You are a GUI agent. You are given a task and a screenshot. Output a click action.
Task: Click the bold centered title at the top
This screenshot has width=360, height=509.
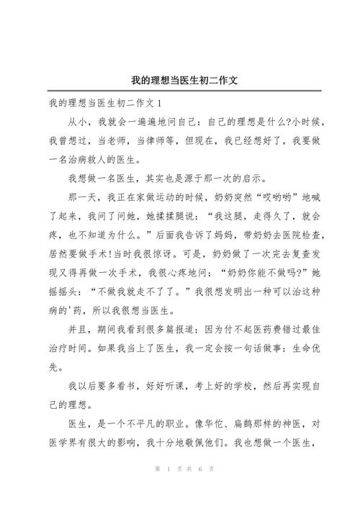click(x=181, y=80)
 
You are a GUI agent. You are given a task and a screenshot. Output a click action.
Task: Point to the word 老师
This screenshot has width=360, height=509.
click(x=105, y=139)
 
